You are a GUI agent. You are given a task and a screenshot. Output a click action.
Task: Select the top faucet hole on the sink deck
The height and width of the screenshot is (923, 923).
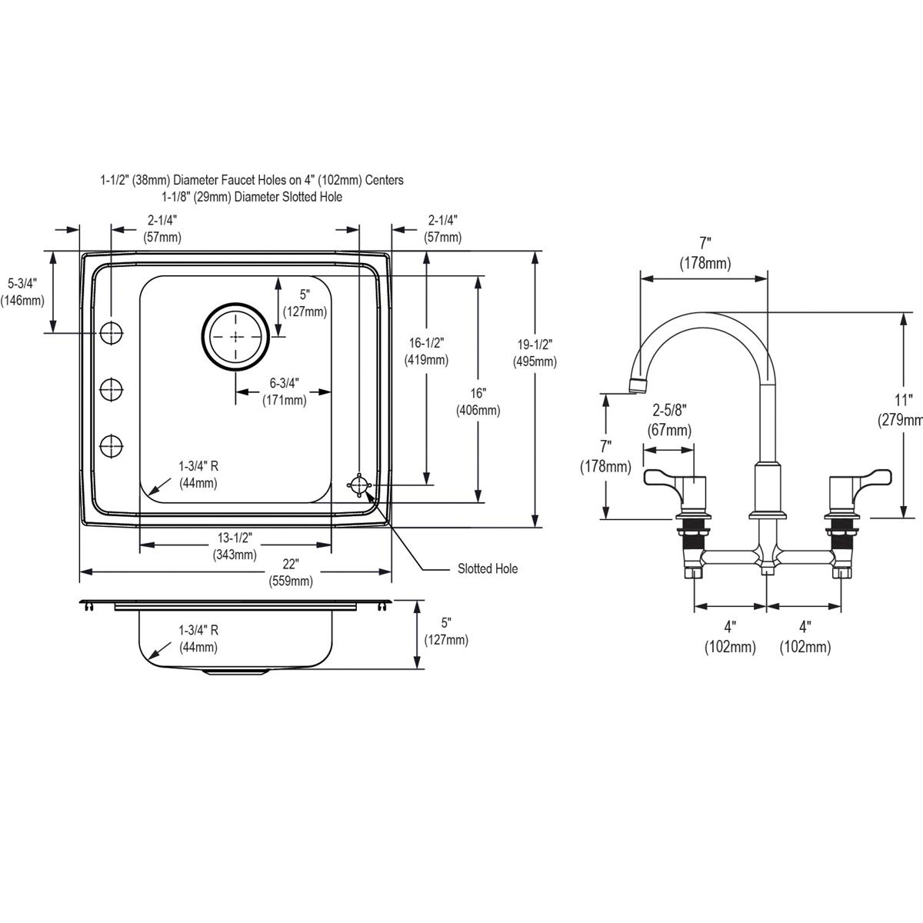pos(112,332)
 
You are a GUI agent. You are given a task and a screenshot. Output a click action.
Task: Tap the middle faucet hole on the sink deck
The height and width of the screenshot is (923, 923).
pos(112,388)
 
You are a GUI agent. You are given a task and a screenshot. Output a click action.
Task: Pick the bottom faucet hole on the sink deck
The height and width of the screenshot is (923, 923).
pos(112,445)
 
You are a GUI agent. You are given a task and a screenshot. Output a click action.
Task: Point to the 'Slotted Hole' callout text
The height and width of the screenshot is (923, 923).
pos(487,568)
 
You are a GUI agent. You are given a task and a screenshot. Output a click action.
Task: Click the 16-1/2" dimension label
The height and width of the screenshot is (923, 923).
pos(426,351)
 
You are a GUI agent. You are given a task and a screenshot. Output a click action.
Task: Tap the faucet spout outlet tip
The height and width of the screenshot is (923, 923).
pos(635,385)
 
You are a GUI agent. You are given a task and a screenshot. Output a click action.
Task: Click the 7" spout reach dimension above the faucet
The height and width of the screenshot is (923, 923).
pos(705,255)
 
